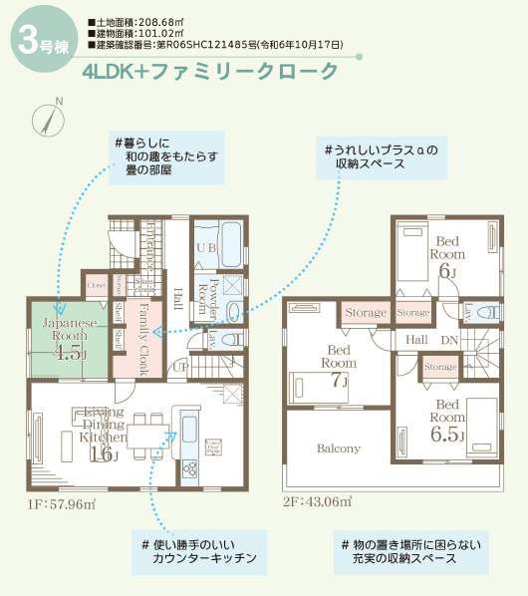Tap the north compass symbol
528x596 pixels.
[x=51, y=118]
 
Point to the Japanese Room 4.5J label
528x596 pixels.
[x=69, y=338]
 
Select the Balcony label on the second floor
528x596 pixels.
[x=339, y=448]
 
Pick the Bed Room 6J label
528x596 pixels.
[x=446, y=255]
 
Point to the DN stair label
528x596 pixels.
[x=449, y=340]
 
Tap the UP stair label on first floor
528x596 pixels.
[x=181, y=368]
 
